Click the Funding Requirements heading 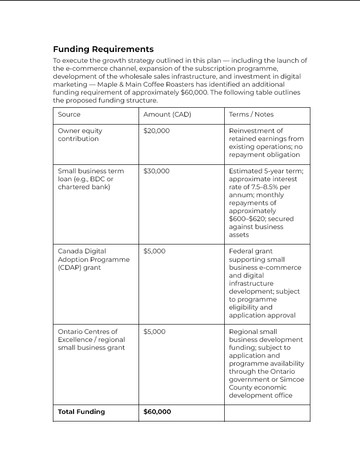103,49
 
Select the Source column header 69,115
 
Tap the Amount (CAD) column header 167,115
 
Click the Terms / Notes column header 251,115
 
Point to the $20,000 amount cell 156,131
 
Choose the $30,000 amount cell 156,171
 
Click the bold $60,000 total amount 157,412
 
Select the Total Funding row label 81,412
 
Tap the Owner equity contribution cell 80,135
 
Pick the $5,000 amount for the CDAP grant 154,251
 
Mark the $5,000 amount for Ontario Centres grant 154,332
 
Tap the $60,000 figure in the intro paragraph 194,92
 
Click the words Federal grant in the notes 250,251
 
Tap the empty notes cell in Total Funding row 267,413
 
